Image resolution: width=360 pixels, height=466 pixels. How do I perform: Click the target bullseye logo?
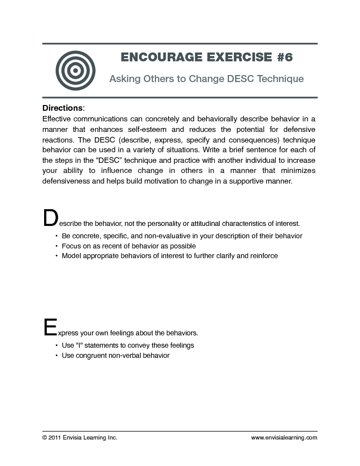[x=75, y=70]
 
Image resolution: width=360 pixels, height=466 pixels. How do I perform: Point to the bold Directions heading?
[x=62, y=108]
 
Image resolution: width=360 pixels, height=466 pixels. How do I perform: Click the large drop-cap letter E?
[x=50, y=327]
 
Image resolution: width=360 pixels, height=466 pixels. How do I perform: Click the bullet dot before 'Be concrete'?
[x=56, y=236]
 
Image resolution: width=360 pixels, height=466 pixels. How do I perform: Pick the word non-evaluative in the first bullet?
[x=168, y=236]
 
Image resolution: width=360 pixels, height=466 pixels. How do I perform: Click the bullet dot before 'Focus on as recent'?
[x=56, y=246]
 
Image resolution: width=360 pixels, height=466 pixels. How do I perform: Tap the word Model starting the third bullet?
[x=71, y=256]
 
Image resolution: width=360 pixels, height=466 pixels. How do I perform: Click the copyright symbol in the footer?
[x=45, y=438]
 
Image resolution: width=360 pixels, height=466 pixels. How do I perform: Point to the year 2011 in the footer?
[x=55, y=438]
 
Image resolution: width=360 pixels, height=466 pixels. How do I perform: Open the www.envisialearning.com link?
[x=284, y=438]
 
